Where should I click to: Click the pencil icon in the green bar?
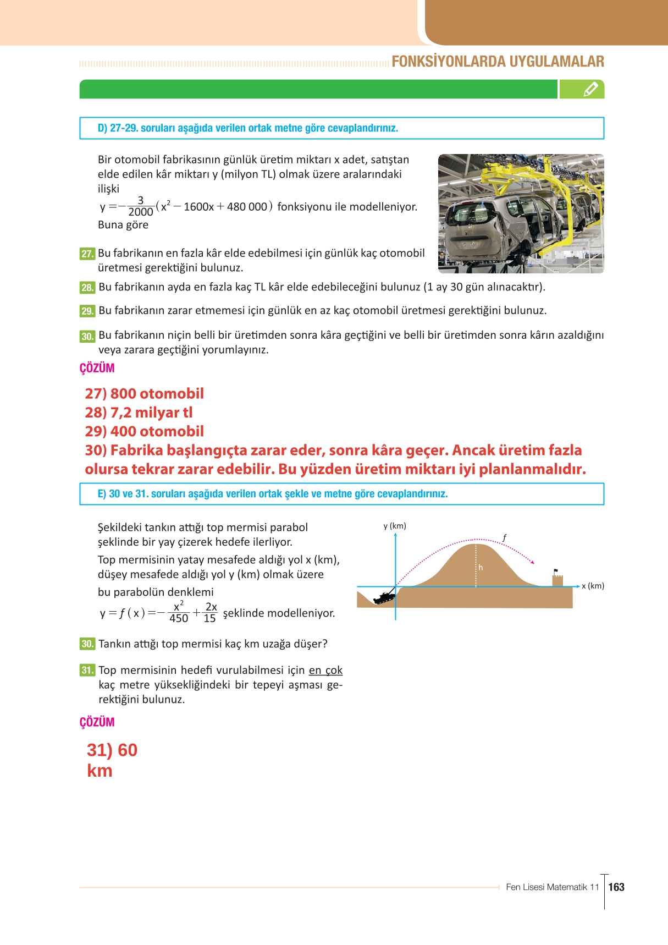tap(590, 89)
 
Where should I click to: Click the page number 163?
tap(616, 887)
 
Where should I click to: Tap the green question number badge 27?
tap(87, 254)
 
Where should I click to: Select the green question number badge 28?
tap(87, 287)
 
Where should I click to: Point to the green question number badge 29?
tap(87, 311)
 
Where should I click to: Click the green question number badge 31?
tap(87, 670)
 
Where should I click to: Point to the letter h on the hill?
tap(481, 567)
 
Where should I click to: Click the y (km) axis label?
tap(395, 526)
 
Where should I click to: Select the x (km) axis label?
tap(593, 586)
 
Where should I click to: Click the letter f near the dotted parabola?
tap(504, 538)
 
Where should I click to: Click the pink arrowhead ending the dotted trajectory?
tap(532, 562)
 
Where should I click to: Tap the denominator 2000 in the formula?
tap(140, 212)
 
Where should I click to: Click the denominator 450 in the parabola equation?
tap(179, 619)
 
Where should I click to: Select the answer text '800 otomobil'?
tap(157, 393)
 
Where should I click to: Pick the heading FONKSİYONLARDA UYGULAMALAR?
tap(498, 61)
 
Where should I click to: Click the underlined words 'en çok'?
tap(325, 670)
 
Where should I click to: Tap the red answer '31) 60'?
tap(112, 750)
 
